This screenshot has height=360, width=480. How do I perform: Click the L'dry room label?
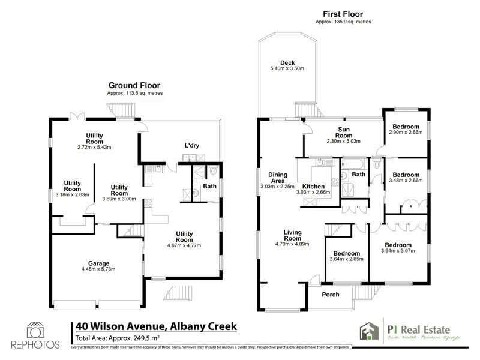[192, 146]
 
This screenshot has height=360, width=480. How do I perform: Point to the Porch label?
[331, 295]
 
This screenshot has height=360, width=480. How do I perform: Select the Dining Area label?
[278, 177]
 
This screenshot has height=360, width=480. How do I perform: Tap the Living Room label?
[292, 235]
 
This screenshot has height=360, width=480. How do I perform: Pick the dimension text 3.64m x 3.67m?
[398, 251]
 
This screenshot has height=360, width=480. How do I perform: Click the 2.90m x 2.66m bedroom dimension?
[407, 133]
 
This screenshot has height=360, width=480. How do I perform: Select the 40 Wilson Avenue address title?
[156, 326]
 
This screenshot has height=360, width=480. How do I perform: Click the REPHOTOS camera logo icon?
[35, 330]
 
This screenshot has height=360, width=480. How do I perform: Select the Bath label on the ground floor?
[209, 186]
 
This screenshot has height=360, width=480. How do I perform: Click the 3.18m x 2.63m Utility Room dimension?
[71, 194]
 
